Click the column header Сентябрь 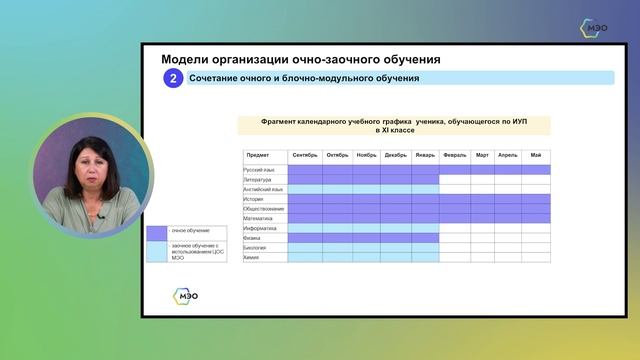pos(305,156)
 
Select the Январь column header pos(425,156)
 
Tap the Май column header pos(536,156)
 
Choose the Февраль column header pos(454,156)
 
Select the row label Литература pos(258,180)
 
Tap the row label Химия pos(252,257)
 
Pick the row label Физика pos(253,238)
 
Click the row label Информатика pos(260,228)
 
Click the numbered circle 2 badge pos(173,78)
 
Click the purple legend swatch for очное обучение pos(156,232)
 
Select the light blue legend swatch pos(156,251)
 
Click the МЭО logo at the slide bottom pos(186,295)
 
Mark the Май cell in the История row pos(536,199)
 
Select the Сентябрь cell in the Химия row pos(305,257)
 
